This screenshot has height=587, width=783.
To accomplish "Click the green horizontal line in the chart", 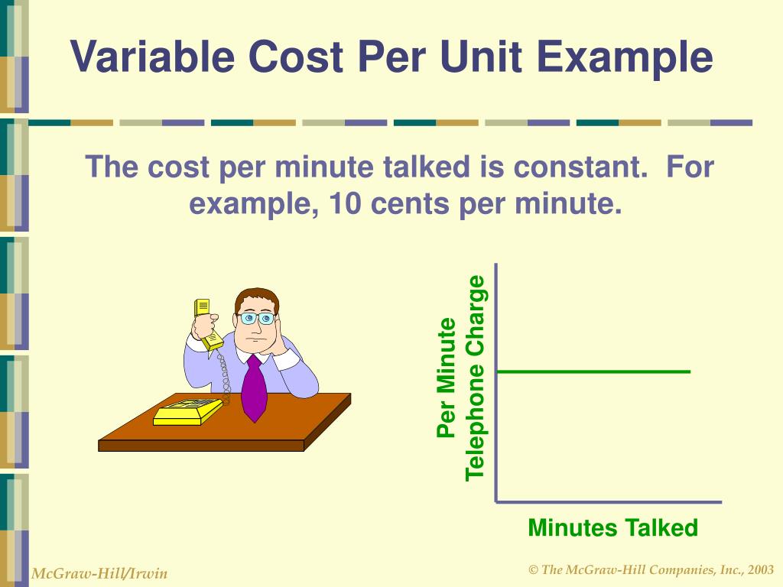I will click(593, 371).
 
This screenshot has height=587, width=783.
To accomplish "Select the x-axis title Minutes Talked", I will click(612, 528).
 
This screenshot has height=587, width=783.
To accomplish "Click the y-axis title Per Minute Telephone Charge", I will click(461, 378).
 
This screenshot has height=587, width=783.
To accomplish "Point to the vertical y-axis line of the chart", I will click(496, 382).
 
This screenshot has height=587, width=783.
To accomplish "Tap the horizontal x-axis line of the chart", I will click(609, 502).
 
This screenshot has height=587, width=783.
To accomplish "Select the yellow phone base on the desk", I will click(188, 412).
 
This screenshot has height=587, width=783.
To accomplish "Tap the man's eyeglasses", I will click(256, 317).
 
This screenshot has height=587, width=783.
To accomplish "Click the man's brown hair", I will click(255, 297).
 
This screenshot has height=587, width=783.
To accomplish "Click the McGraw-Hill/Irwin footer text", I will click(99, 573).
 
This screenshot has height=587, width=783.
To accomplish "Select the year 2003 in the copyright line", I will click(762, 570).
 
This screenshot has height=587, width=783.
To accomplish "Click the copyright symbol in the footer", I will click(534, 570).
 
